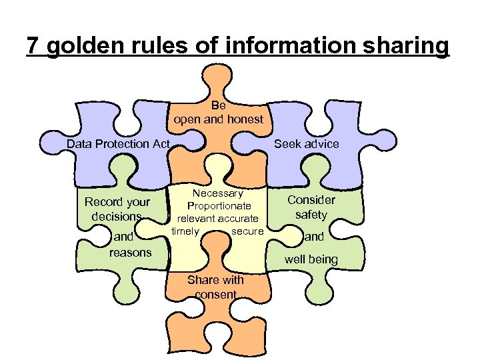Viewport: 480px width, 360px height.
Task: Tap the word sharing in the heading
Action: pyautogui.click(x=407, y=46)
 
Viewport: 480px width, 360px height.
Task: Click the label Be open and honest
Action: pyautogui.click(x=219, y=113)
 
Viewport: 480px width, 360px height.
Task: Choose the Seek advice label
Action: pyautogui.click(x=307, y=144)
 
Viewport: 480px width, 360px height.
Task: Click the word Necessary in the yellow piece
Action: pyautogui.click(x=219, y=193)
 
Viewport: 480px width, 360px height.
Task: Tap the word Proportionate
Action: pyautogui.click(x=219, y=206)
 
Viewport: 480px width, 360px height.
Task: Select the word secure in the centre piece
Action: pyautogui.click(x=247, y=231)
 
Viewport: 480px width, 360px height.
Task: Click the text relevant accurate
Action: pyautogui.click(x=217, y=219)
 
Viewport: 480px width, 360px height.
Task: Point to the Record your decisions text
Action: pyautogui.click(x=117, y=209)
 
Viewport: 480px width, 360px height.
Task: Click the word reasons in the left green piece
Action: pyautogui.click(x=130, y=252)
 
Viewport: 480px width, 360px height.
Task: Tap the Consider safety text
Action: pyautogui.click(x=311, y=207)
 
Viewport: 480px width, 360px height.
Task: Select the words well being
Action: pyautogui.click(x=311, y=259)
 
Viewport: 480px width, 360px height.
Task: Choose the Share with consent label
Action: pyautogui.click(x=215, y=287)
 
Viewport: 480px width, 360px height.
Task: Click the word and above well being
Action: pyautogui.click(x=314, y=237)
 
